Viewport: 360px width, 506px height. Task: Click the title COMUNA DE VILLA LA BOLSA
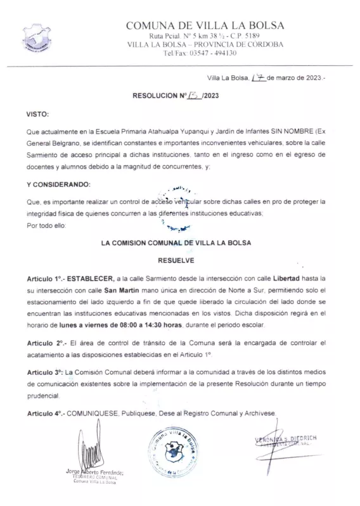(205, 25)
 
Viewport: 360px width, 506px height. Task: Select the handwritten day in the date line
(258, 78)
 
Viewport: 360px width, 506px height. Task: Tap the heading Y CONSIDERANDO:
(58, 184)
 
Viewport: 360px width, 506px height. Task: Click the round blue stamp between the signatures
(172, 450)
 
